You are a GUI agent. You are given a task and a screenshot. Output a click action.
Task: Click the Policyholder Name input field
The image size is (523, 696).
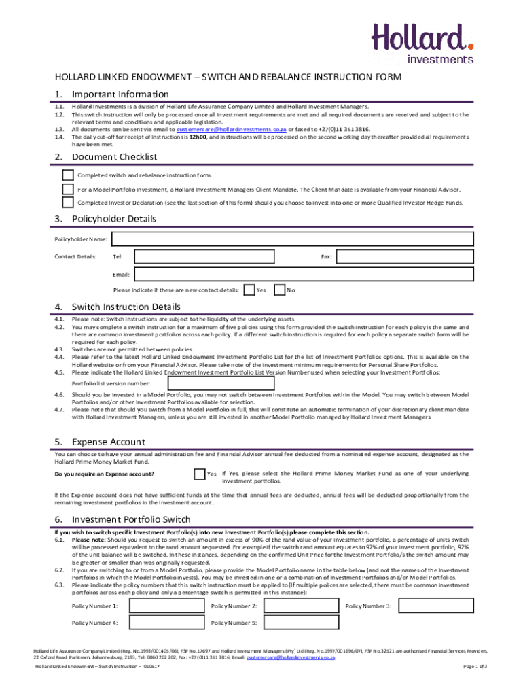[292, 239]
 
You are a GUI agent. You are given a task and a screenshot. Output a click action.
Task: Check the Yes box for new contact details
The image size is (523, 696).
[249, 290]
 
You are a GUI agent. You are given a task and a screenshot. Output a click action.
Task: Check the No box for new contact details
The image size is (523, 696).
[279, 290]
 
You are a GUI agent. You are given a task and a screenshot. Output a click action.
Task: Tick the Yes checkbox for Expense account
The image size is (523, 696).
[199, 474]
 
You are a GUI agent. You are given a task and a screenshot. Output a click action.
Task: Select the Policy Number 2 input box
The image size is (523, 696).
[301, 606]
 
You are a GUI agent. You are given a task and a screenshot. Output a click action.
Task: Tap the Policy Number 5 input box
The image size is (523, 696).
[301, 623]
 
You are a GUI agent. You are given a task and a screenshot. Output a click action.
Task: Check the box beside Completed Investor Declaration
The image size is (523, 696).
[68, 202]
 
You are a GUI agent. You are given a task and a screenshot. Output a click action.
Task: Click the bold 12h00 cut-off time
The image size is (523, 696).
[197, 137]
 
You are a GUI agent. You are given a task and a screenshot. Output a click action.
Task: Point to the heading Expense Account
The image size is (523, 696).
[108, 441]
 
